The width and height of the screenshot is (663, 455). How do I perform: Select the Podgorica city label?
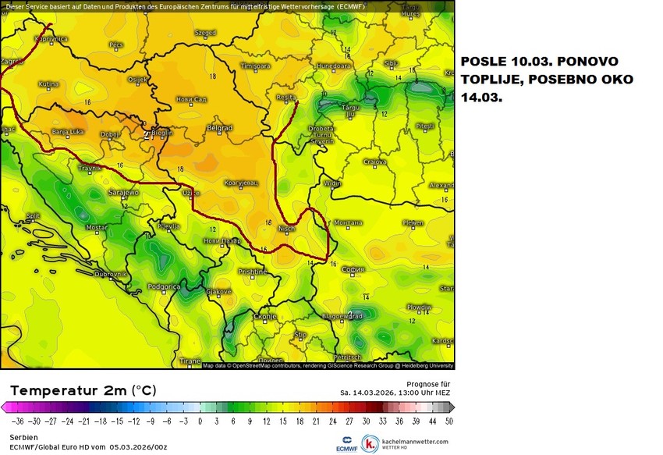(164, 286)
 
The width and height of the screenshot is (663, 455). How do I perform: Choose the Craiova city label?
(375, 162)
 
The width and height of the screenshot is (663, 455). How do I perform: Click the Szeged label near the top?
(205, 34)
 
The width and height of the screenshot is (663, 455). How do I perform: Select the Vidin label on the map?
(332, 183)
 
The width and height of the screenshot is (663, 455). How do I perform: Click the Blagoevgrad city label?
(342, 316)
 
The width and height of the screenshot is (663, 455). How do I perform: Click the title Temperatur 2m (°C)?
(82, 390)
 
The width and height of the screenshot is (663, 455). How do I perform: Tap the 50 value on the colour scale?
(449, 420)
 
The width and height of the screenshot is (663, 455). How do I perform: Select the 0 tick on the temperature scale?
(200, 420)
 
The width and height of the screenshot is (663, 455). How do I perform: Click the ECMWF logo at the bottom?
(348, 443)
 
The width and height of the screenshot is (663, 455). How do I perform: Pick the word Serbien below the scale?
(23, 438)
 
